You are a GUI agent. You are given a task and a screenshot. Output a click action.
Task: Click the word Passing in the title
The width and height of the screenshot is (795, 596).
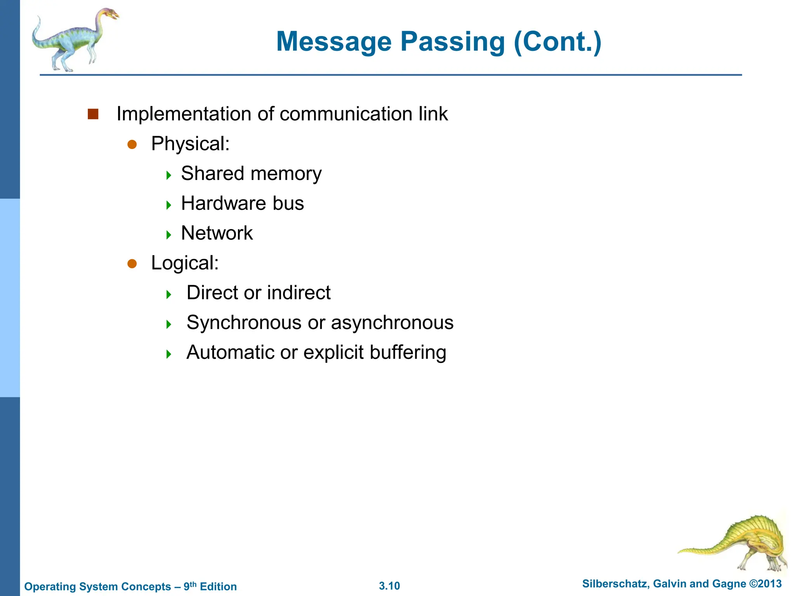(x=452, y=42)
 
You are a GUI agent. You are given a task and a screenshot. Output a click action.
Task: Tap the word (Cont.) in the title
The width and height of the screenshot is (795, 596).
(x=557, y=42)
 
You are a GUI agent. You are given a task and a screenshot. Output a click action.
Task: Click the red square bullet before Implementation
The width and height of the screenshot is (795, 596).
(x=93, y=114)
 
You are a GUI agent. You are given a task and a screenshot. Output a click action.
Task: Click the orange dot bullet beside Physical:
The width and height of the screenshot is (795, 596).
(x=132, y=144)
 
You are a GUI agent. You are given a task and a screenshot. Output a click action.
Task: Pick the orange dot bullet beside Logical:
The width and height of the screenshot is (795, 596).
(x=132, y=264)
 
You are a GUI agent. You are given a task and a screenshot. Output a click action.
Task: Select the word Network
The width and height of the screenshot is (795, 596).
(x=217, y=233)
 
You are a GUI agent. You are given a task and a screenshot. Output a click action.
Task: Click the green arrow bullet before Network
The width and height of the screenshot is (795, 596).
(x=168, y=235)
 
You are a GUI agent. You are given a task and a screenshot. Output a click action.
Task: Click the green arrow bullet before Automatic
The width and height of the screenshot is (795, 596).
(x=168, y=354)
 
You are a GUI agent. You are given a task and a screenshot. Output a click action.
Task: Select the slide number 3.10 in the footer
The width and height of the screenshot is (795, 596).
(x=389, y=586)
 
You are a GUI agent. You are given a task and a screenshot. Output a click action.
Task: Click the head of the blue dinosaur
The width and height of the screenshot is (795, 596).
(x=111, y=15)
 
